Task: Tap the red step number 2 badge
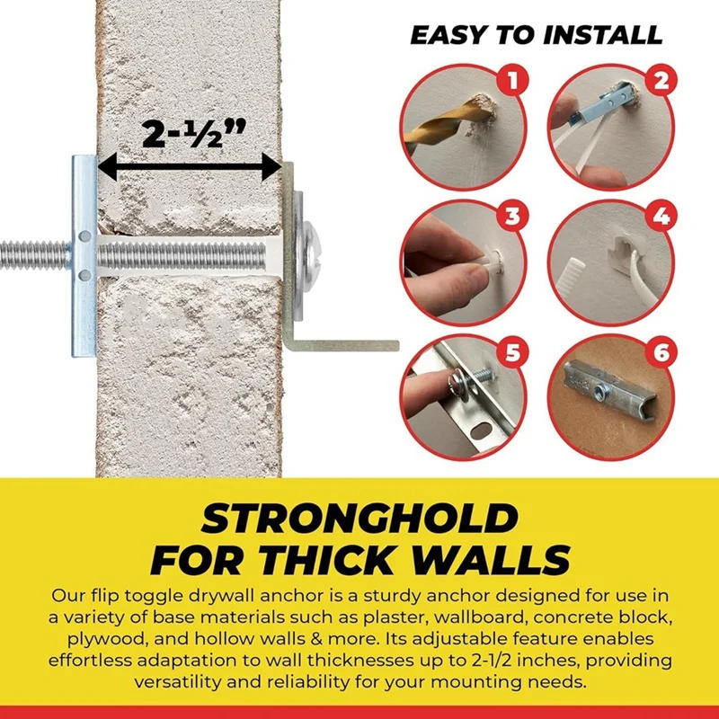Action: tap(662, 84)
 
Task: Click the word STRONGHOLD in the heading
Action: tap(359, 519)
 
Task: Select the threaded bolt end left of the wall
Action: tap(31, 253)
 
